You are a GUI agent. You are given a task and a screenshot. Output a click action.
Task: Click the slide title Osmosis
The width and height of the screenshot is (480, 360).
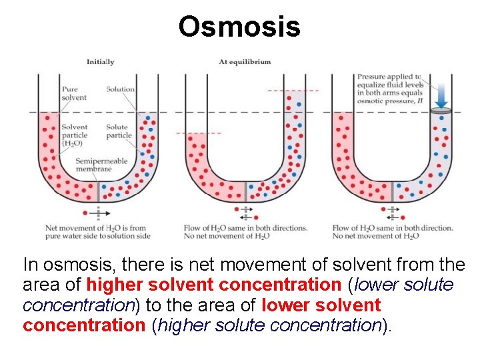[x=239, y=27]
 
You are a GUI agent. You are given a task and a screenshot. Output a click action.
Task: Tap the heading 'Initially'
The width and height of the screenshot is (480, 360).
[x=100, y=62]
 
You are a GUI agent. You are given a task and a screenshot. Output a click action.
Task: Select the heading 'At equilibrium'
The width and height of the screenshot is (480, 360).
[x=245, y=62]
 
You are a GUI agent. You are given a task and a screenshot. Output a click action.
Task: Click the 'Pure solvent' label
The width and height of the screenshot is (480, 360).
[x=73, y=93]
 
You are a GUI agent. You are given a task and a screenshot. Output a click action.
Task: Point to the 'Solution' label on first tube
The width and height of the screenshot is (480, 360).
[x=120, y=89]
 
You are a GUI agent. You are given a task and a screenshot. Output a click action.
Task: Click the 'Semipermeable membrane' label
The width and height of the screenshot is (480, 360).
[x=93, y=165]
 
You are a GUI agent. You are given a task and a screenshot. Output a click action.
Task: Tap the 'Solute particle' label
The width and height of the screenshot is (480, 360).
[x=119, y=131]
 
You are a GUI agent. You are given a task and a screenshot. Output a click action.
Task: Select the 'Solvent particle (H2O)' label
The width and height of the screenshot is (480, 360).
[x=74, y=135]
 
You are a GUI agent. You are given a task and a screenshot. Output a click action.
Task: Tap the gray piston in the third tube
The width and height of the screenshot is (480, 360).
[x=440, y=111]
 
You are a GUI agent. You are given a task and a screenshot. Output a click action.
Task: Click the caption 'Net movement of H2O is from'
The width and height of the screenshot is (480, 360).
[x=96, y=228]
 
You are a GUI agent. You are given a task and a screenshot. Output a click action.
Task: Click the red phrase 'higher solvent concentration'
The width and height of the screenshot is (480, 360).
[x=213, y=285]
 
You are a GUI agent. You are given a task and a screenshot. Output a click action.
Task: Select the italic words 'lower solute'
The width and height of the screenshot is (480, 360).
[x=404, y=285]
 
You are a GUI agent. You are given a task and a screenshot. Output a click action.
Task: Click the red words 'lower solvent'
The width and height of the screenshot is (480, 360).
[x=321, y=305]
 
